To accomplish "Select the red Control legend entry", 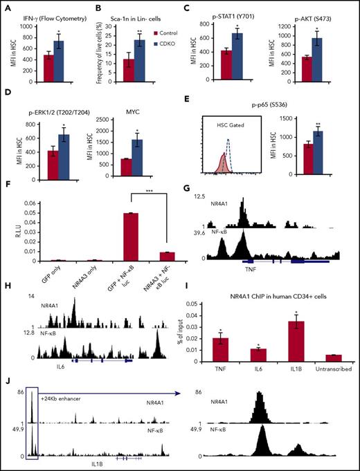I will point(135,32).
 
